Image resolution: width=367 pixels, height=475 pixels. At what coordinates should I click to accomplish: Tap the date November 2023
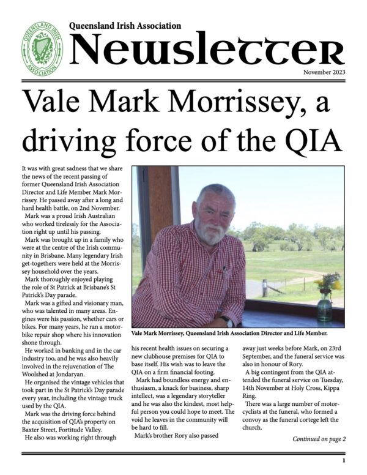(x=323, y=73)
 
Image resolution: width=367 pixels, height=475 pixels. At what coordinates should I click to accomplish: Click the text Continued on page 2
(x=319, y=438)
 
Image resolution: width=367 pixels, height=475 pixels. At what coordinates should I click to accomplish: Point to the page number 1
(x=344, y=460)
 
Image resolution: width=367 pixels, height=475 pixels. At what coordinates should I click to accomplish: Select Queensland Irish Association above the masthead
(x=125, y=26)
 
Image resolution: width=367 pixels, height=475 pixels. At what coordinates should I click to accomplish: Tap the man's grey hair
(x=213, y=193)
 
